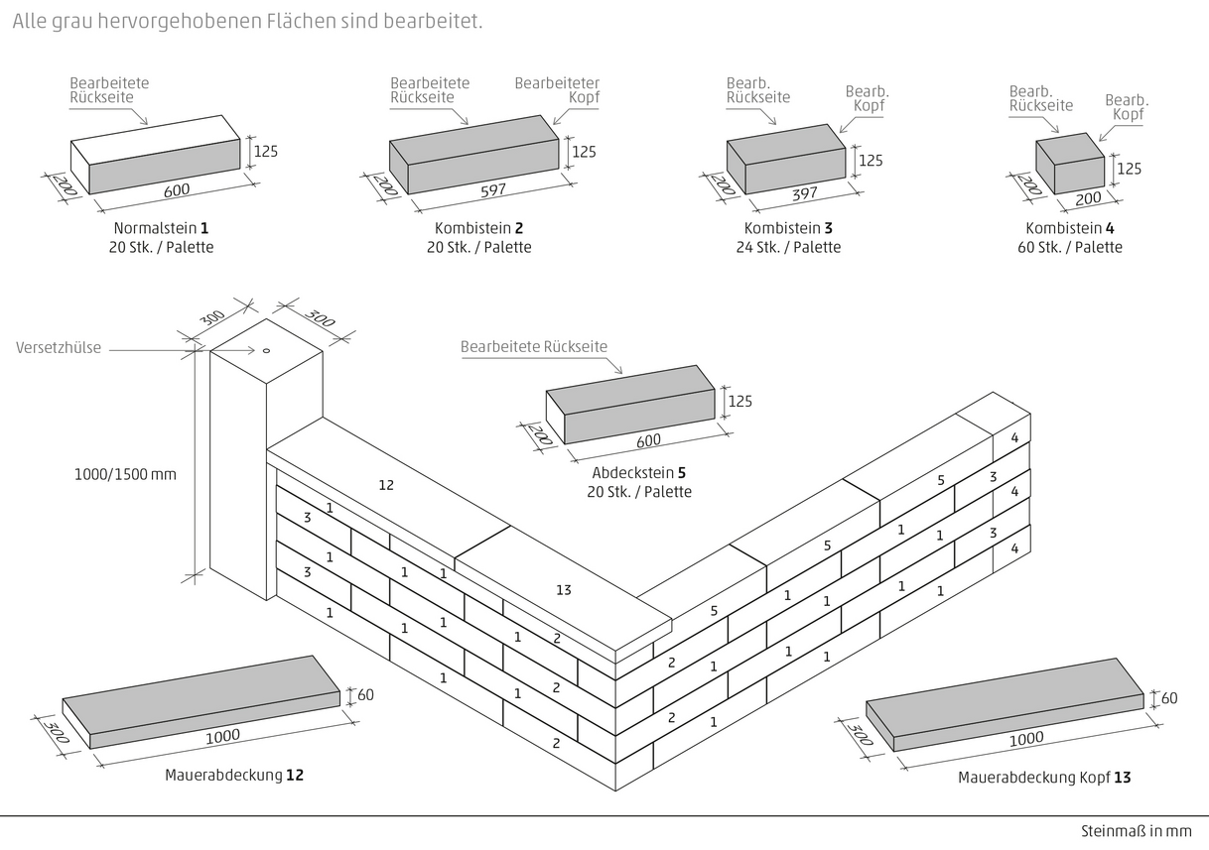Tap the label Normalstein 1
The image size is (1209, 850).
(161, 228)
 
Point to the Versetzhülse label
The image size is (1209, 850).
(59, 348)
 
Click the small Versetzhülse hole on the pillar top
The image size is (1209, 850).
(266, 350)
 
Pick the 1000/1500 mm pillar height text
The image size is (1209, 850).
(125, 474)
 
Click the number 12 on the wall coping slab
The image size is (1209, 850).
(386, 485)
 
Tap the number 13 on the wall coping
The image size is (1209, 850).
(563, 590)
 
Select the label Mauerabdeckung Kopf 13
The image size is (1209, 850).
(1044, 778)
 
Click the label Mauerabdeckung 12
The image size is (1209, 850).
(234, 775)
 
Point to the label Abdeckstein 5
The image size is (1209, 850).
(640, 473)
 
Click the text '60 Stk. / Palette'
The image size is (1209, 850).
(1070, 247)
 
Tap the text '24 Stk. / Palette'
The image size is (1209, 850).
(788, 247)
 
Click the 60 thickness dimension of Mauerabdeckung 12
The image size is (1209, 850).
(365, 694)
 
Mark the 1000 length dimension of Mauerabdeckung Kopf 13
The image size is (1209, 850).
(1026, 739)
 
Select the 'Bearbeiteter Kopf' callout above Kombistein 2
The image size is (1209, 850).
(557, 90)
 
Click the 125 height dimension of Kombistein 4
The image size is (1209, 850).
(1129, 169)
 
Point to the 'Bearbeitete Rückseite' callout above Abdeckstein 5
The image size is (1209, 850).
(534, 347)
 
